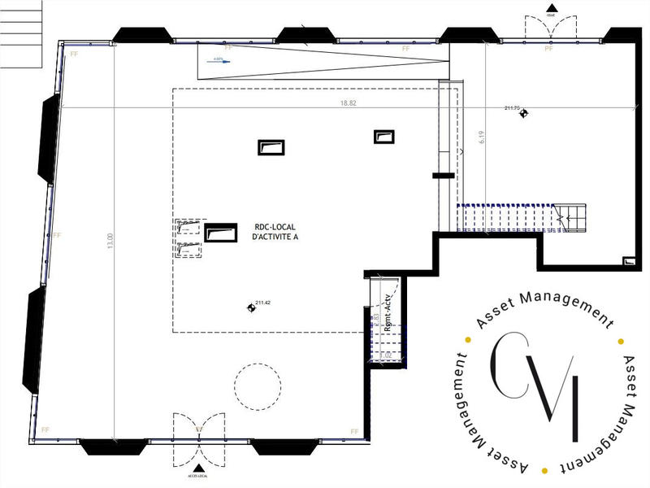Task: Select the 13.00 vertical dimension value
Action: point(110,242)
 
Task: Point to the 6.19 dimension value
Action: point(482,138)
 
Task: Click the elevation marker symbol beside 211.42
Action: point(250,307)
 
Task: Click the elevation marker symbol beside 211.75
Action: point(525,113)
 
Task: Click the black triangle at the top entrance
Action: point(550,8)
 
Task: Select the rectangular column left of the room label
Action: point(219,233)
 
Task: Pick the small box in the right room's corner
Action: point(628,260)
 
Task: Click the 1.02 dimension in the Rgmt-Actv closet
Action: point(386,355)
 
